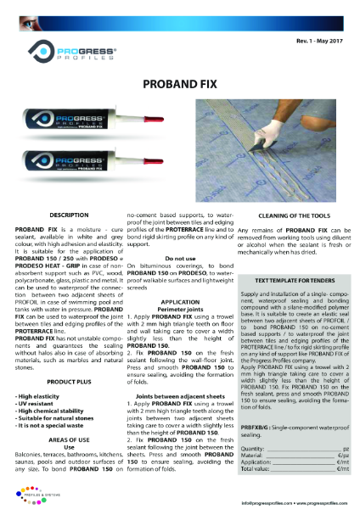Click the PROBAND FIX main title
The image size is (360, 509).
(x=180, y=85)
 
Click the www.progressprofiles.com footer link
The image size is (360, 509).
(x=323, y=503)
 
